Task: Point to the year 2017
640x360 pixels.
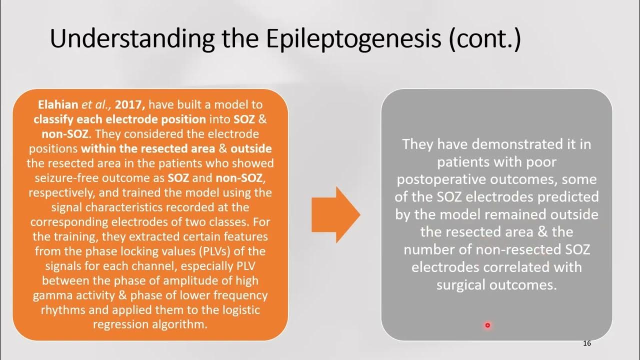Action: click(x=130, y=105)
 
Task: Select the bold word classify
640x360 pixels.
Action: click(x=54, y=119)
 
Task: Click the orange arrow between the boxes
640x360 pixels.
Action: click(x=335, y=214)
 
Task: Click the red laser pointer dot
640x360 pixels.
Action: click(x=487, y=325)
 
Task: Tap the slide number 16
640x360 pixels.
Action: click(x=587, y=343)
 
